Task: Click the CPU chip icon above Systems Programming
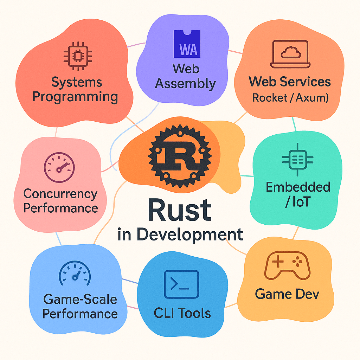click(77, 54)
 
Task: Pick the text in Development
click(180, 234)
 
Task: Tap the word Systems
click(77, 82)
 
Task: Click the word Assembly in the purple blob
click(185, 84)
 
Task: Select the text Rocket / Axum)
click(290, 97)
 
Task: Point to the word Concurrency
click(60, 193)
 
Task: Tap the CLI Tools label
click(182, 313)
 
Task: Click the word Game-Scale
click(80, 300)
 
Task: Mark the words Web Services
click(290, 82)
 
